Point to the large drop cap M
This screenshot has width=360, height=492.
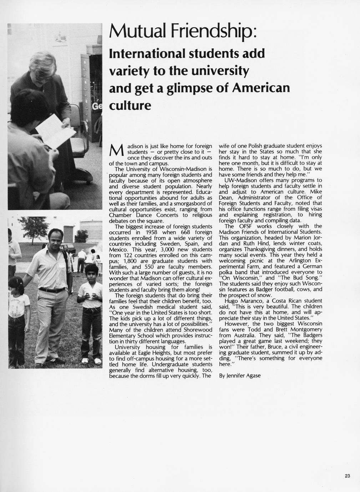click(x=117, y=151)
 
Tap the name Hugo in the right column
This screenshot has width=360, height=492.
click(x=232, y=301)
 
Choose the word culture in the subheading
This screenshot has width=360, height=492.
click(x=130, y=106)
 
